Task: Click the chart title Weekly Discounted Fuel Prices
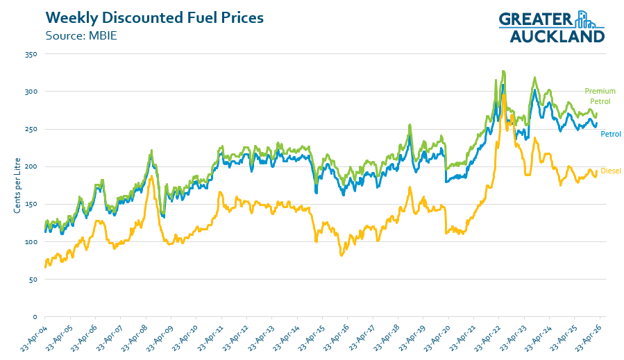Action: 154,18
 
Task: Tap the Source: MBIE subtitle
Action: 81,36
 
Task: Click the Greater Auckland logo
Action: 552,26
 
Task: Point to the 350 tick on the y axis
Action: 31,54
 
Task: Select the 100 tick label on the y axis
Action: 31,242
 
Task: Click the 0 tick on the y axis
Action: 35,317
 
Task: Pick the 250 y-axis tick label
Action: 31,129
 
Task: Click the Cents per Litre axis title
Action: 17,185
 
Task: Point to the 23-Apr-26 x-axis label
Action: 589,337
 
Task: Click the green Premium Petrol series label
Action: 600,96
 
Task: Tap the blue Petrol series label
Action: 611,134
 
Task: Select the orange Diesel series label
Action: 611,171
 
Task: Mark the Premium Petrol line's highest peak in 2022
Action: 503,71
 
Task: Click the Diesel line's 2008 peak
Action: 151,175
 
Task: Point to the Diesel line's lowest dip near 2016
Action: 341,255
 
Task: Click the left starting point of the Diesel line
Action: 45,267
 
